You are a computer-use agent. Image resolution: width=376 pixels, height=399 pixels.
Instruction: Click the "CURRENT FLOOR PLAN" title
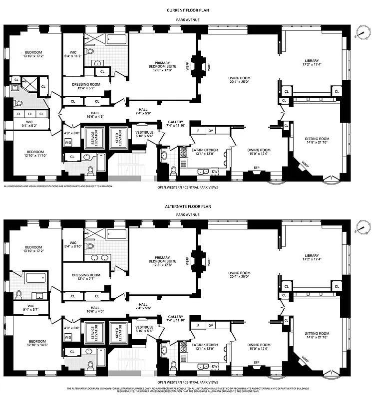click(188, 9)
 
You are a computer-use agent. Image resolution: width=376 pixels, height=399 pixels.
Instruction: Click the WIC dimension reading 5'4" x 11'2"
click(73, 56)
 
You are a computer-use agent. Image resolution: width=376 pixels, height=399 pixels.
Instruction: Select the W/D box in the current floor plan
click(68, 142)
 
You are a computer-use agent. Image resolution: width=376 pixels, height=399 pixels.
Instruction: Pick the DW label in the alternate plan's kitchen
click(214, 366)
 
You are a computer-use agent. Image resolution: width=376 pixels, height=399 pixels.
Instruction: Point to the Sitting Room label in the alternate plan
click(317, 333)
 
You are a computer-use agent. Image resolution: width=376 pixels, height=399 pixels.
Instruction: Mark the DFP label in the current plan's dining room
click(257, 168)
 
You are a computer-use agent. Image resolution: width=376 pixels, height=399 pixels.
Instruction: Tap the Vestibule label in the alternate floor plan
click(144, 327)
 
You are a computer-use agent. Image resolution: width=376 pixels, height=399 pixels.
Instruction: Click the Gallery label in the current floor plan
click(175, 122)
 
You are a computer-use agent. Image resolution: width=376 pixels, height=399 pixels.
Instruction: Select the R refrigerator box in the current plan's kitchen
click(199, 131)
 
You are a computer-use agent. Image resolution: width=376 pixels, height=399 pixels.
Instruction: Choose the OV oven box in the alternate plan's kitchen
click(211, 326)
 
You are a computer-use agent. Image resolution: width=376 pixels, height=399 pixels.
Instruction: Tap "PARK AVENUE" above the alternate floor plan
click(188, 214)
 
